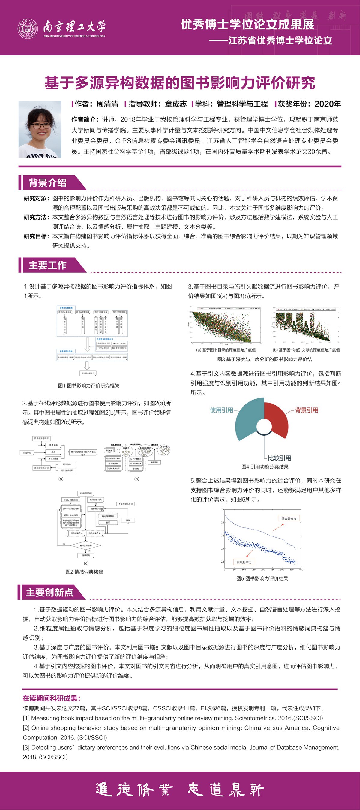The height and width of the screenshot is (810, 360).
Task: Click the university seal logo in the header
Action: click(28, 28)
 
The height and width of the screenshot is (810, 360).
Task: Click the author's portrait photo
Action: click(40, 129)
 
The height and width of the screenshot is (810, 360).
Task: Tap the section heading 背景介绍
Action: click(47, 183)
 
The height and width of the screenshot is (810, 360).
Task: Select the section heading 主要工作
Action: click(47, 265)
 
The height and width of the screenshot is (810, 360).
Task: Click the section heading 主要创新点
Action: click(49, 592)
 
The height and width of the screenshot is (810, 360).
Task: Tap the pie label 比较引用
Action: click(280, 458)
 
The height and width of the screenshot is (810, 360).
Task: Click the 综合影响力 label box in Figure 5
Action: click(289, 518)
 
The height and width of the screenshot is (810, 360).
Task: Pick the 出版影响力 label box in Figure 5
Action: click(244, 562)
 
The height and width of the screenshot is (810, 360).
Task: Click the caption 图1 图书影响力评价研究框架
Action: click(89, 385)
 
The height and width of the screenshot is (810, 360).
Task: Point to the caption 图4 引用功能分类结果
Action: click(265, 466)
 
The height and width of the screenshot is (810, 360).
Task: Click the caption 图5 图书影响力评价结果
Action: click(262, 578)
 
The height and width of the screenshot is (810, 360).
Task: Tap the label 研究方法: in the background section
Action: click(36, 217)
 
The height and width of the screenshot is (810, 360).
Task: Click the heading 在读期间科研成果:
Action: click(52, 698)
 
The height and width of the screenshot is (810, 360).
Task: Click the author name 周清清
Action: click(107, 104)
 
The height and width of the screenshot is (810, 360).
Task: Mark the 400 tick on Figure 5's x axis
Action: click(301, 569)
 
